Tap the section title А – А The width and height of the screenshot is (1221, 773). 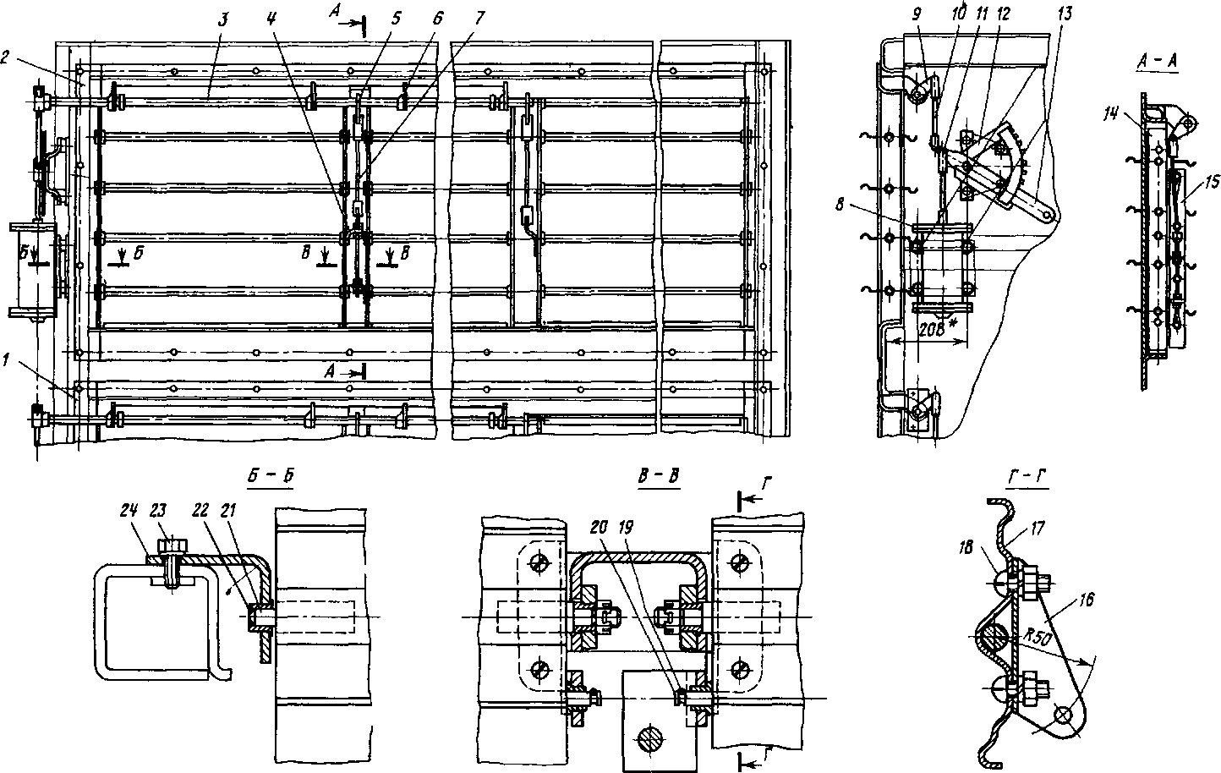(x=1158, y=62)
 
